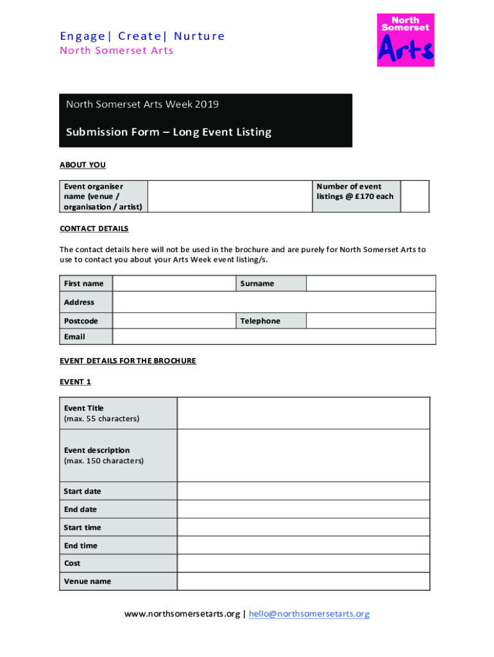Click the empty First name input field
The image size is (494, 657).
pos(173,284)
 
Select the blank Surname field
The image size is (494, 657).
pos(370,284)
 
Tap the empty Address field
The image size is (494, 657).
pos(274,302)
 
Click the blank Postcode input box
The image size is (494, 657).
pos(173,321)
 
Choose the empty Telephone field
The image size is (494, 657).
pos(370,321)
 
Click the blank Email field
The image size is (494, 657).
pos(274,337)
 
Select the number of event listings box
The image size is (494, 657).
pos(415,196)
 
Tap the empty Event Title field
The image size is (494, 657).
pos(303,413)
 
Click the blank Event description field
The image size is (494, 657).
pos(303,456)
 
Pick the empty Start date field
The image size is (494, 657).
pos(303,491)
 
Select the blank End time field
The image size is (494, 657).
pos(303,545)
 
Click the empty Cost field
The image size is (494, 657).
pos(303,563)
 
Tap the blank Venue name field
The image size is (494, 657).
pos(303,581)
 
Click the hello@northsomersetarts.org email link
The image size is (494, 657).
pos(309,614)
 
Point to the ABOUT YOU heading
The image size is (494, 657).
pos(83,165)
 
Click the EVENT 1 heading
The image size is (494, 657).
pos(76,382)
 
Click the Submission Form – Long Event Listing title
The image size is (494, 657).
pos(169,132)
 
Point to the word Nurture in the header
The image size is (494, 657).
pos(200,36)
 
